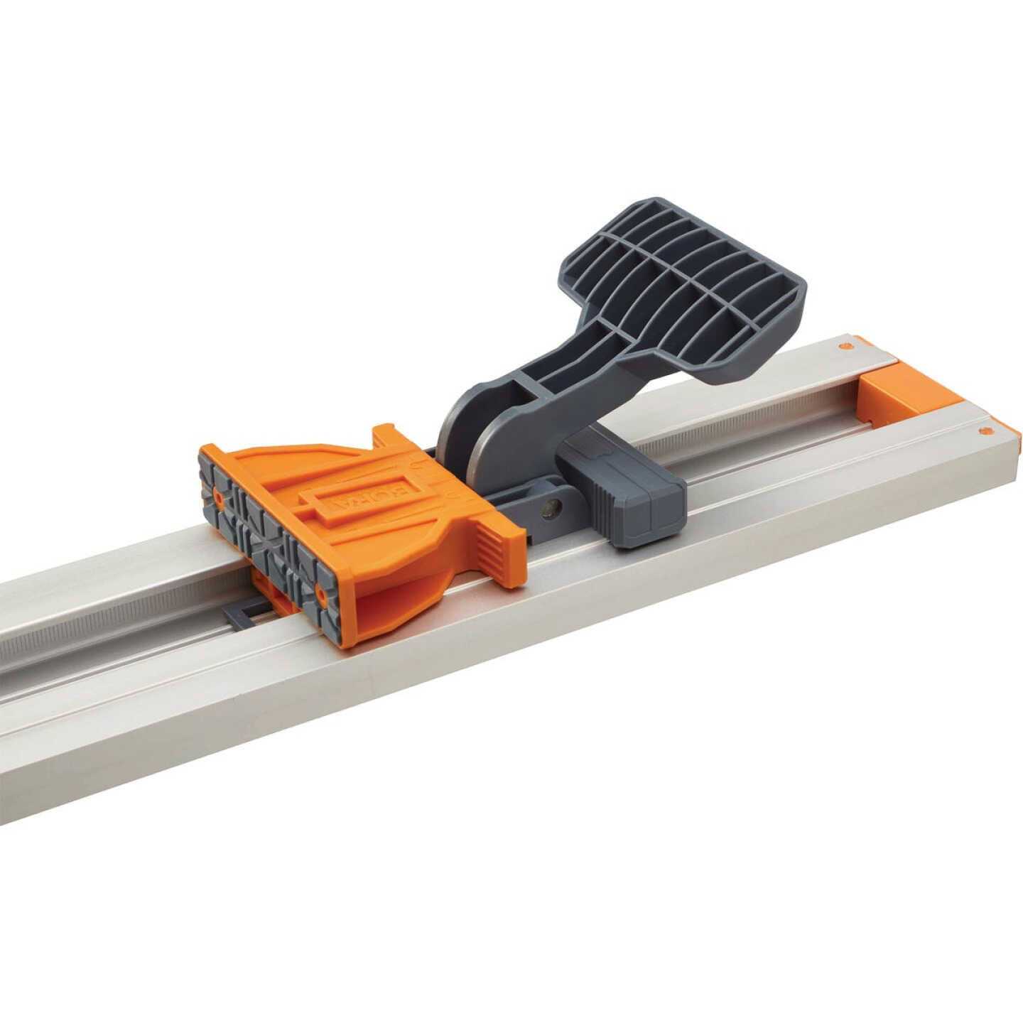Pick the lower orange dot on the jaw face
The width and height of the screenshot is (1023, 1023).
(x=321, y=591)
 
